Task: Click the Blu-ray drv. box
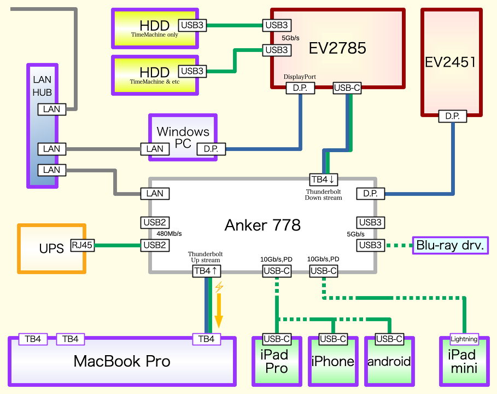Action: point(450,245)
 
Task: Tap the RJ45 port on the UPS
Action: point(82,246)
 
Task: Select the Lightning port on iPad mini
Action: point(464,339)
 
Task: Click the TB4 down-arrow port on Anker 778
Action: point(325,179)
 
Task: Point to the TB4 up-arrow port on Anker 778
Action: point(207,270)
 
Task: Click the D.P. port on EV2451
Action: point(453,116)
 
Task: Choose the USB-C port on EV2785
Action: point(347,88)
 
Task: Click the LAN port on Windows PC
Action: point(155,148)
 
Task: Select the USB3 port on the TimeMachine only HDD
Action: point(192,25)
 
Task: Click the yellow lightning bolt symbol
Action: point(219,287)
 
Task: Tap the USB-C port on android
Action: point(389,339)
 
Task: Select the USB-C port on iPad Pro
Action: point(277,339)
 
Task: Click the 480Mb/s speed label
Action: point(169,234)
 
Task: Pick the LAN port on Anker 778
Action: point(155,193)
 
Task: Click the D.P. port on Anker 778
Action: point(371,193)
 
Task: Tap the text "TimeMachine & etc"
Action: point(155,82)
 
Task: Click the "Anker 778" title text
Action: point(262,225)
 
